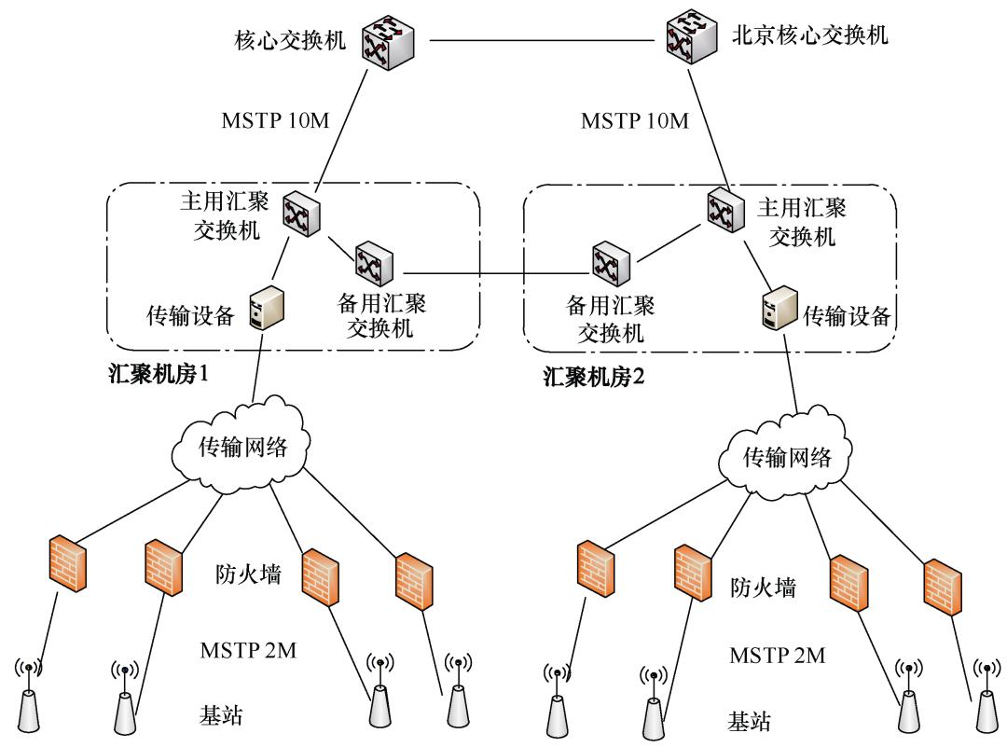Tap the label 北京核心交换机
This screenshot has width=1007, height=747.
coord(807,36)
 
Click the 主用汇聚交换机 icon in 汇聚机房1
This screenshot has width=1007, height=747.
coord(300,214)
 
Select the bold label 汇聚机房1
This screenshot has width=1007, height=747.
coord(156,376)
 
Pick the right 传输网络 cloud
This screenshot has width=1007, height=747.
coord(786,457)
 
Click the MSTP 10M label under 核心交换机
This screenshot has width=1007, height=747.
coord(275,122)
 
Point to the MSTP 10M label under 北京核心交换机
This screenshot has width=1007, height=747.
coord(635,122)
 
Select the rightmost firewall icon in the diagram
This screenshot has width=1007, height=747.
coord(942,584)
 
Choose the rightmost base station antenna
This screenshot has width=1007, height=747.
coord(986,699)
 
